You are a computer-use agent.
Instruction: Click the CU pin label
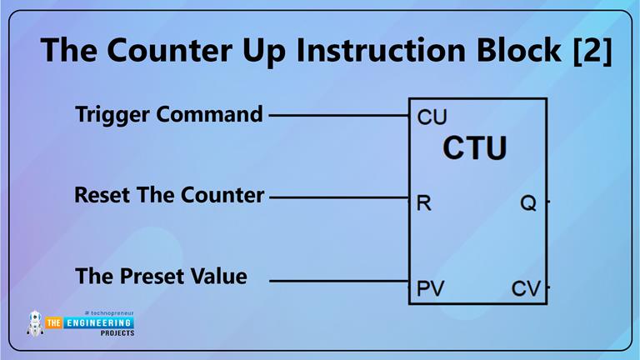tap(432, 117)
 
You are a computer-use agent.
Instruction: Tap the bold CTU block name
tap(474, 148)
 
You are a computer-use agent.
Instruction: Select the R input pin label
tap(423, 202)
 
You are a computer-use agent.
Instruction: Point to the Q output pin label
tap(527, 202)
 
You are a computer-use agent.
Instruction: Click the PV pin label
tap(430, 289)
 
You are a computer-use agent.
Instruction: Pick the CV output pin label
tap(526, 289)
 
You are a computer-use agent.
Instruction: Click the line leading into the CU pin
tap(338, 115)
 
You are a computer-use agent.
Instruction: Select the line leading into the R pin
tap(338, 197)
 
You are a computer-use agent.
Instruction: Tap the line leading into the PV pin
tap(338, 281)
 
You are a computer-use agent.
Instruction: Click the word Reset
tap(100, 196)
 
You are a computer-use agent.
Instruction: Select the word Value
tap(218, 276)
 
